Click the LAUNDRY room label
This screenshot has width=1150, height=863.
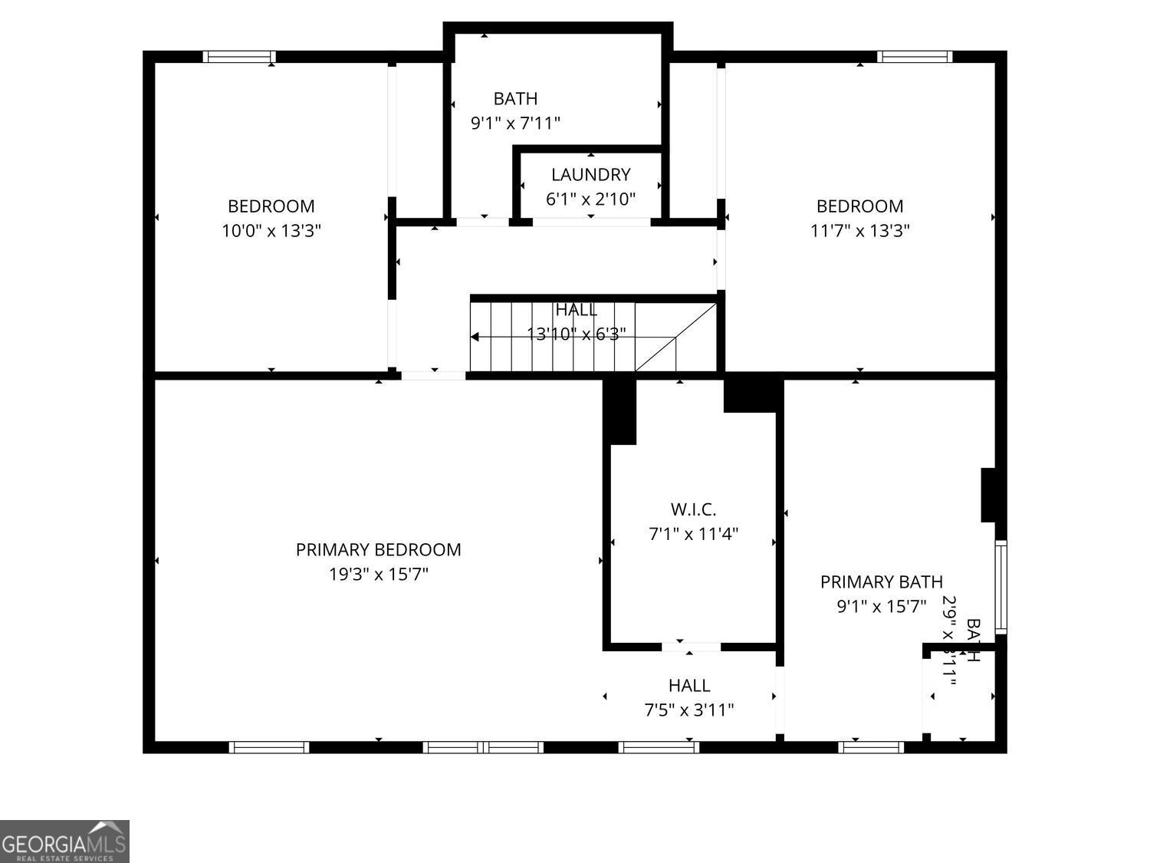tap(590, 175)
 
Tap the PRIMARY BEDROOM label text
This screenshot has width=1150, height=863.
tap(379, 550)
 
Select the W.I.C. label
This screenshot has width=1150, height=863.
tap(693, 509)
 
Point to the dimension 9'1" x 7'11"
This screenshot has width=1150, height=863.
tap(515, 123)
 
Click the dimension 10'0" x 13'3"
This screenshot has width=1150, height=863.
tap(271, 230)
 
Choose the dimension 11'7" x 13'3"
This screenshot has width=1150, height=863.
tap(860, 230)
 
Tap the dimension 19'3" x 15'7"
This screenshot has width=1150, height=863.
tap(379, 574)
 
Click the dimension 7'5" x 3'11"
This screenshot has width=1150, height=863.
tap(688, 710)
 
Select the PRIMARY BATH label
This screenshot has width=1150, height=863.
tap(882, 582)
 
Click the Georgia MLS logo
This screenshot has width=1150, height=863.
tap(64, 841)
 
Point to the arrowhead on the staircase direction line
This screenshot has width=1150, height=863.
tap(475, 337)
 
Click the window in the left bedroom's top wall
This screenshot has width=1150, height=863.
tap(239, 57)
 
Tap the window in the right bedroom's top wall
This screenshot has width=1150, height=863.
tap(915, 57)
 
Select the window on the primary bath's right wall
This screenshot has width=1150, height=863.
tap(1001, 587)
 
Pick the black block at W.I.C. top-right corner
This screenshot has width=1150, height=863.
tap(751, 394)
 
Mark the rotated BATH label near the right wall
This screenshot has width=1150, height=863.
tap(972, 641)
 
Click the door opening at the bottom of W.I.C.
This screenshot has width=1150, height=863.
tap(690, 647)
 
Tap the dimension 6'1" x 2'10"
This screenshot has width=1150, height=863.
tap(590, 199)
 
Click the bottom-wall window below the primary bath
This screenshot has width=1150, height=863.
tap(871, 746)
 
